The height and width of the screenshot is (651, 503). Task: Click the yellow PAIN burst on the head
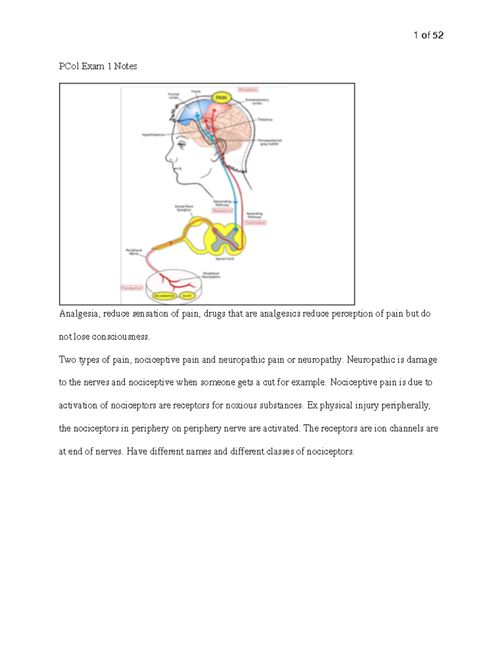tap(221, 98)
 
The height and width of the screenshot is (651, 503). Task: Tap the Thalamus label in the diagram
tap(265, 119)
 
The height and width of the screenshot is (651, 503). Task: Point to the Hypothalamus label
tap(153, 135)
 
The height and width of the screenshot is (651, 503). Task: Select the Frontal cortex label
tap(174, 96)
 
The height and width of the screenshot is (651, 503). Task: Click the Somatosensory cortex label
tap(257, 101)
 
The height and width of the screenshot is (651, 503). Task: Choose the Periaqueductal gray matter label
tap(270, 142)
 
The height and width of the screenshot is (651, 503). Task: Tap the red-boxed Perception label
tap(248, 89)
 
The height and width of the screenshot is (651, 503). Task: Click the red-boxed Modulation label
tap(222, 210)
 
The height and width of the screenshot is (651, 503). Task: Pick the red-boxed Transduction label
tap(132, 288)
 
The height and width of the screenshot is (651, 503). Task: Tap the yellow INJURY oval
tap(187, 296)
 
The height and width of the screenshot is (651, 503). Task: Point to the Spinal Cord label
tap(225, 259)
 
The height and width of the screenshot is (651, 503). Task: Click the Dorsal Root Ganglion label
tap(184, 208)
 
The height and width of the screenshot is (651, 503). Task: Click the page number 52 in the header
tap(438, 35)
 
